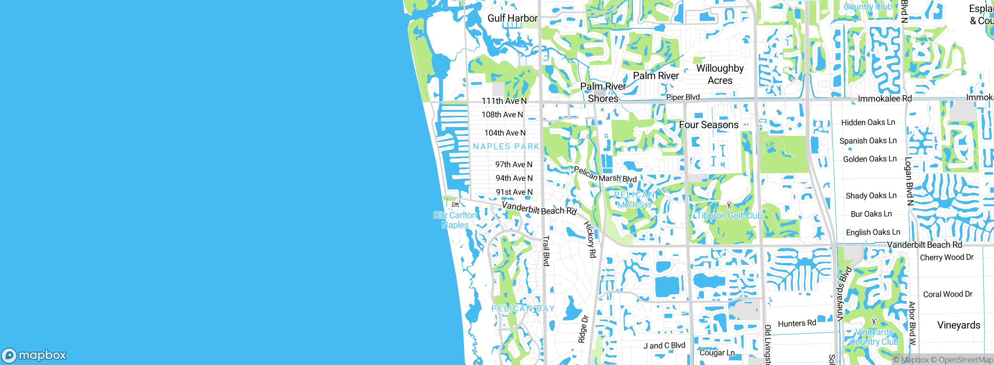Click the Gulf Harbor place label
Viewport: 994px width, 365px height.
[513, 18]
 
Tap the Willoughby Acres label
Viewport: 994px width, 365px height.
[720, 74]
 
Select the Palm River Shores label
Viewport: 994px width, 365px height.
[603, 92]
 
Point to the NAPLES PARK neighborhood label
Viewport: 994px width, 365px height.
[506, 146]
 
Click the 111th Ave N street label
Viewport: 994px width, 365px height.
[504, 101]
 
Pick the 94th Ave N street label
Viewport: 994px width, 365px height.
[514, 178]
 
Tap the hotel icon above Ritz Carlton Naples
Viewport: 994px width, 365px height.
[455, 204]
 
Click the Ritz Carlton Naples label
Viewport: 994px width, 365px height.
[455, 220]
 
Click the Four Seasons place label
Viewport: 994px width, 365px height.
[709, 125]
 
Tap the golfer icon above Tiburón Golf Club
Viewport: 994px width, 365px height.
[729, 205]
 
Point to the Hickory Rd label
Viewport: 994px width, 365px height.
[590, 240]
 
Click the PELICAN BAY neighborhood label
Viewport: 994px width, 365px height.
[523, 309]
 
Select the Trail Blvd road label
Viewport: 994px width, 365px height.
[546, 251]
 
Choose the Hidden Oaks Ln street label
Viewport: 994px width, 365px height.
[868, 122]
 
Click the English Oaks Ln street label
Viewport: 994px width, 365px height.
[873, 232]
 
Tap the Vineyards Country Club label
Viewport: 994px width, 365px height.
[874, 337]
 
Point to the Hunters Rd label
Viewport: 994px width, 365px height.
[797, 323]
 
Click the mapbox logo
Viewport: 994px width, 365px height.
[34, 355]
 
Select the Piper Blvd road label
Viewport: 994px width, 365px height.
[683, 97]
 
